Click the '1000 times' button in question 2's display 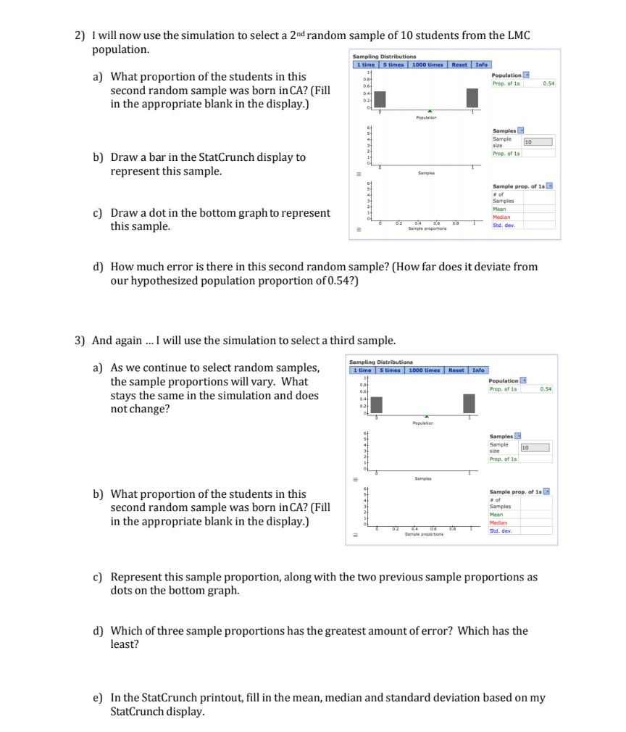(427, 65)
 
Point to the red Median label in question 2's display (501, 217)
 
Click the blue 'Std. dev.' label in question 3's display (501, 531)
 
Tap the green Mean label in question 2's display (499, 209)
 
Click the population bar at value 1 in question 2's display (472, 97)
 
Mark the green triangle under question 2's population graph (430, 111)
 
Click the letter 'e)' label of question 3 (98, 697)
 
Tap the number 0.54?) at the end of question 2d (342, 281)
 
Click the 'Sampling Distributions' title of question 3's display (382, 362)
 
